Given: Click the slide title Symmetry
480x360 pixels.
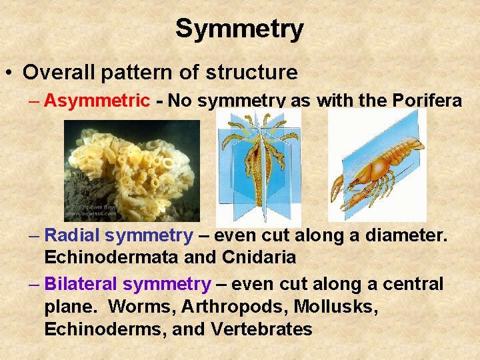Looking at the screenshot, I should (x=239, y=28).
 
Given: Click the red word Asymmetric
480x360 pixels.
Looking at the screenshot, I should (x=97, y=101).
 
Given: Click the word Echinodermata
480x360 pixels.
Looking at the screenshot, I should (x=105, y=257).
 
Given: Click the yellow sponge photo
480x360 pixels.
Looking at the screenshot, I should (x=131, y=171).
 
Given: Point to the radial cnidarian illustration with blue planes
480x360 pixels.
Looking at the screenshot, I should (x=259, y=166).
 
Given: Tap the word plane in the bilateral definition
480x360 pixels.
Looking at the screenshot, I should (x=65, y=307).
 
